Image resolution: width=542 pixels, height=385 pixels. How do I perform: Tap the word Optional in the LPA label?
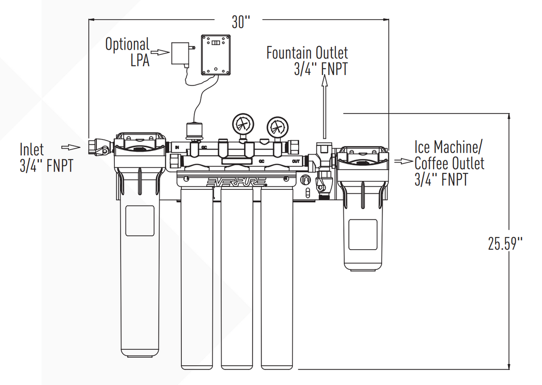coord(127,45)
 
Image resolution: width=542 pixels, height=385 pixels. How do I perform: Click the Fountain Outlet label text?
coord(307,53)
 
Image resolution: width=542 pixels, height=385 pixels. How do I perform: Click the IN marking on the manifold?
coord(177,147)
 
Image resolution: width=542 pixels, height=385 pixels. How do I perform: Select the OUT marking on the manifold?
coord(296,161)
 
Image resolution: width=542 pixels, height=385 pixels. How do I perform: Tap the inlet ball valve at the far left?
coord(98,146)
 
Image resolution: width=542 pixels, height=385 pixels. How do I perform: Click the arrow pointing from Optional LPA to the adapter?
coord(161,52)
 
